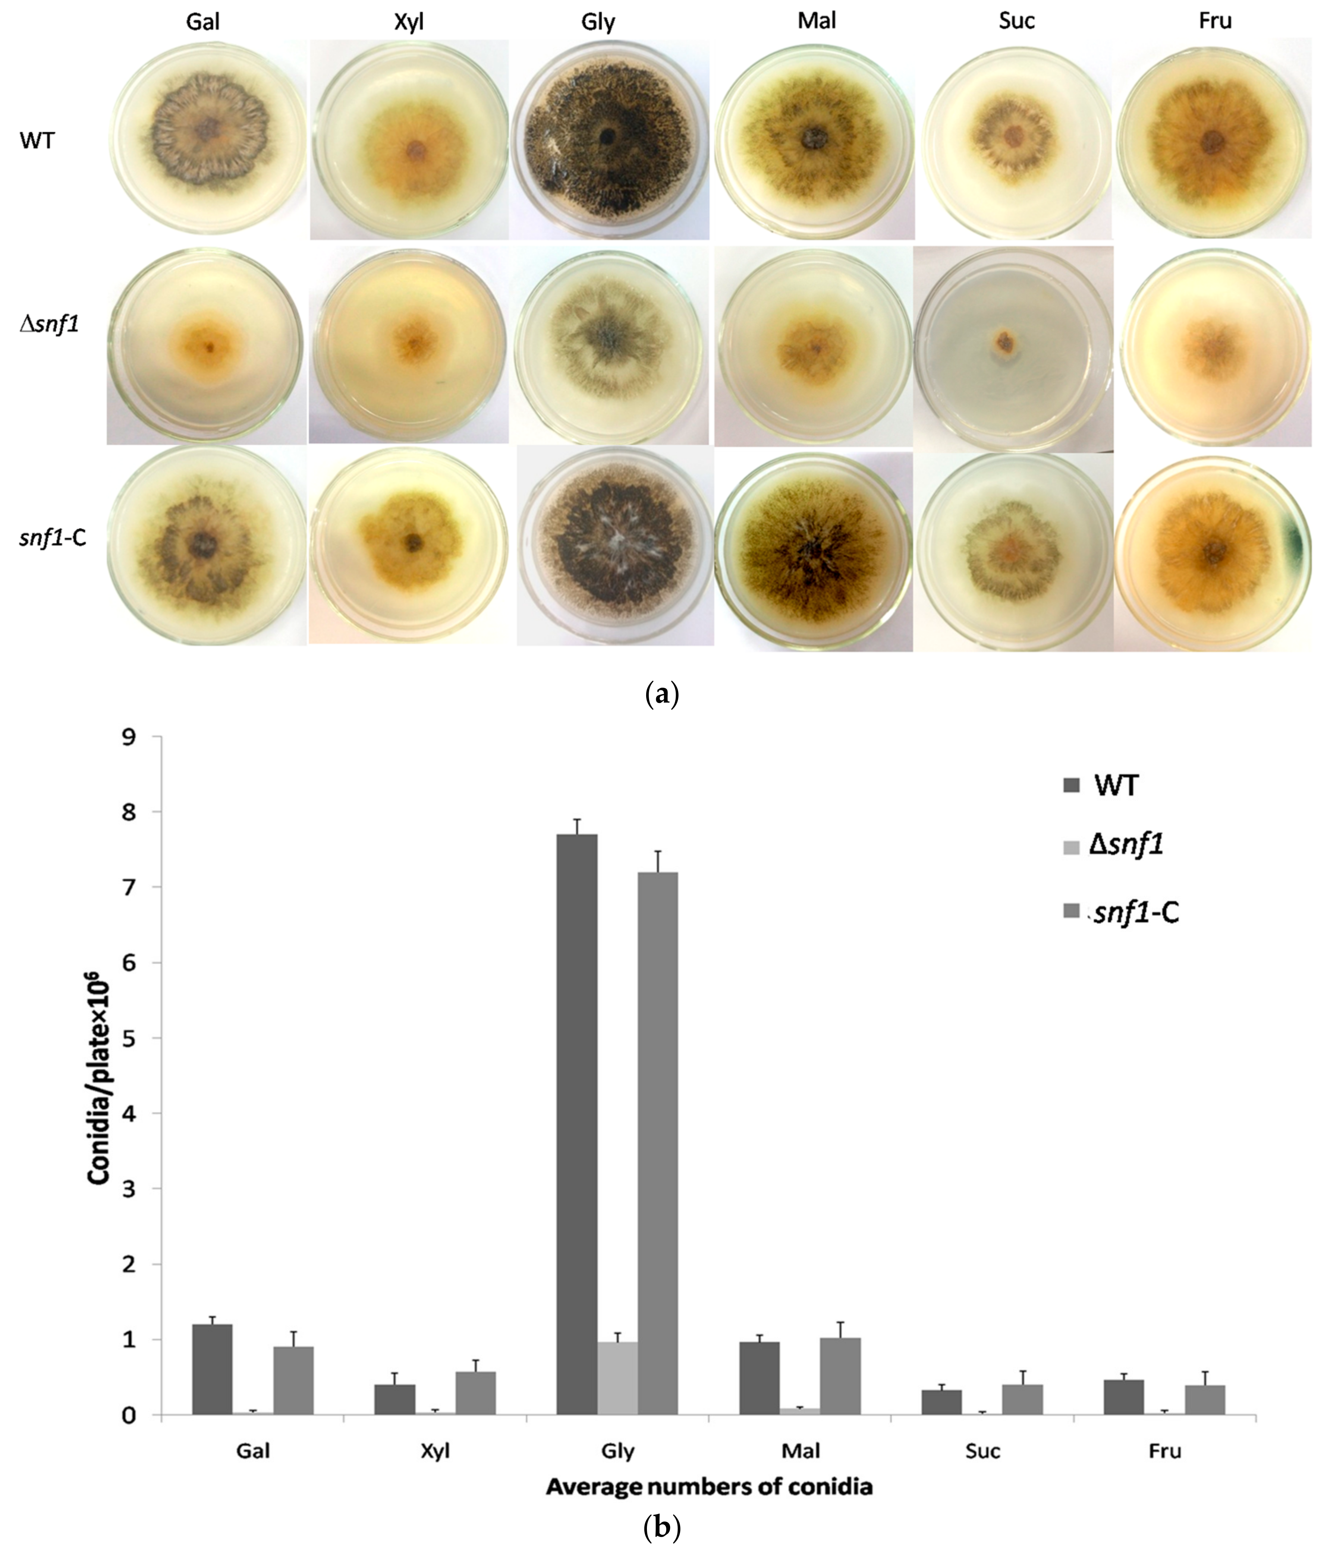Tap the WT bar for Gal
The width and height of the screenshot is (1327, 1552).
click(212, 1369)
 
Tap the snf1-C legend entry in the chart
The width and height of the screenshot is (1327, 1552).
click(1120, 912)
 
